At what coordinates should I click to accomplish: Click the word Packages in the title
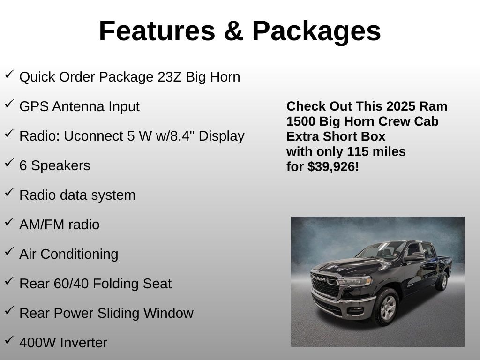pyautogui.click(x=316, y=31)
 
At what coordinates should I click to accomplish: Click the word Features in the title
pyautogui.click(x=157, y=31)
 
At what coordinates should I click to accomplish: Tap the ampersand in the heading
pyautogui.click(x=233, y=31)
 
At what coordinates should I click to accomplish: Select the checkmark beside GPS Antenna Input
pyautogui.click(x=9, y=105)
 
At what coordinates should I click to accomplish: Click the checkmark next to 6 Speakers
pyautogui.click(x=9, y=164)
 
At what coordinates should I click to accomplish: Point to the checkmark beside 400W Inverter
pyautogui.click(x=9, y=341)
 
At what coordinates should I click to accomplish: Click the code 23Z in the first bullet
pyautogui.click(x=170, y=77)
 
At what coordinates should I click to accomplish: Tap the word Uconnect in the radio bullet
pyautogui.click(x=93, y=136)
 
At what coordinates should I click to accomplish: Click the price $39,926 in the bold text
pyautogui.click(x=333, y=166)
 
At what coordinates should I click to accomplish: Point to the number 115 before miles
pyautogui.click(x=357, y=151)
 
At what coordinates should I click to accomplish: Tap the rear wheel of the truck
pyautogui.click(x=441, y=281)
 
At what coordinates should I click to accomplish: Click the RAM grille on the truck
pyautogui.click(x=325, y=284)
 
